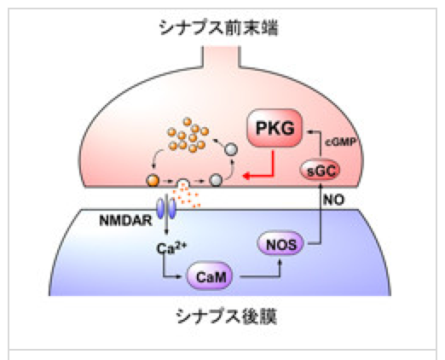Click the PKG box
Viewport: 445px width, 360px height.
[x=275, y=128]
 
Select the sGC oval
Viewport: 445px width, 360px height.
[x=320, y=171]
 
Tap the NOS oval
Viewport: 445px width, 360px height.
[x=280, y=244]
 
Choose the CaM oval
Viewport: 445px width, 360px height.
[x=210, y=276]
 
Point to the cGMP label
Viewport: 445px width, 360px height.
[x=340, y=142]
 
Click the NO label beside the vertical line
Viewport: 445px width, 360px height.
[x=333, y=200]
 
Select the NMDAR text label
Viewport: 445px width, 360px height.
[x=125, y=221]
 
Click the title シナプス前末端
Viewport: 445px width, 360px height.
[x=218, y=28]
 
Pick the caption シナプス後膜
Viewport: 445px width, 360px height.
[x=226, y=316]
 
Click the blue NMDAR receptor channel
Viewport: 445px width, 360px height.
[x=167, y=209]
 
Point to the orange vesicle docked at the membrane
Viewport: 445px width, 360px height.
[x=153, y=180]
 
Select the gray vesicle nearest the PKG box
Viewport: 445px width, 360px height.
[x=231, y=149]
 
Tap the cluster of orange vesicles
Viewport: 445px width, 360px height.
[x=188, y=135]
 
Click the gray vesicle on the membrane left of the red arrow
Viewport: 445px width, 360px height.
[x=216, y=180]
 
